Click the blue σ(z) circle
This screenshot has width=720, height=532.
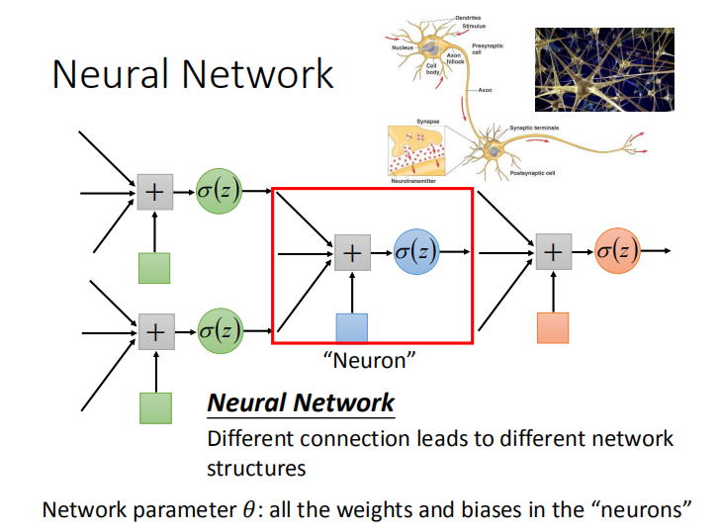tap(416, 252)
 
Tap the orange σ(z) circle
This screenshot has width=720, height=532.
tap(618, 251)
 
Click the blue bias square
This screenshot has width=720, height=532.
tap(352, 327)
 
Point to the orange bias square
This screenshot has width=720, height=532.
tap(553, 327)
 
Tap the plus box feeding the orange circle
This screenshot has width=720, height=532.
tap(553, 252)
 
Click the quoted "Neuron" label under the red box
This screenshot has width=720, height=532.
tap(368, 361)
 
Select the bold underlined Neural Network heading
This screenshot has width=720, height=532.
tap(301, 403)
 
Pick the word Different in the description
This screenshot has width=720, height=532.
tap(252, 438)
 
